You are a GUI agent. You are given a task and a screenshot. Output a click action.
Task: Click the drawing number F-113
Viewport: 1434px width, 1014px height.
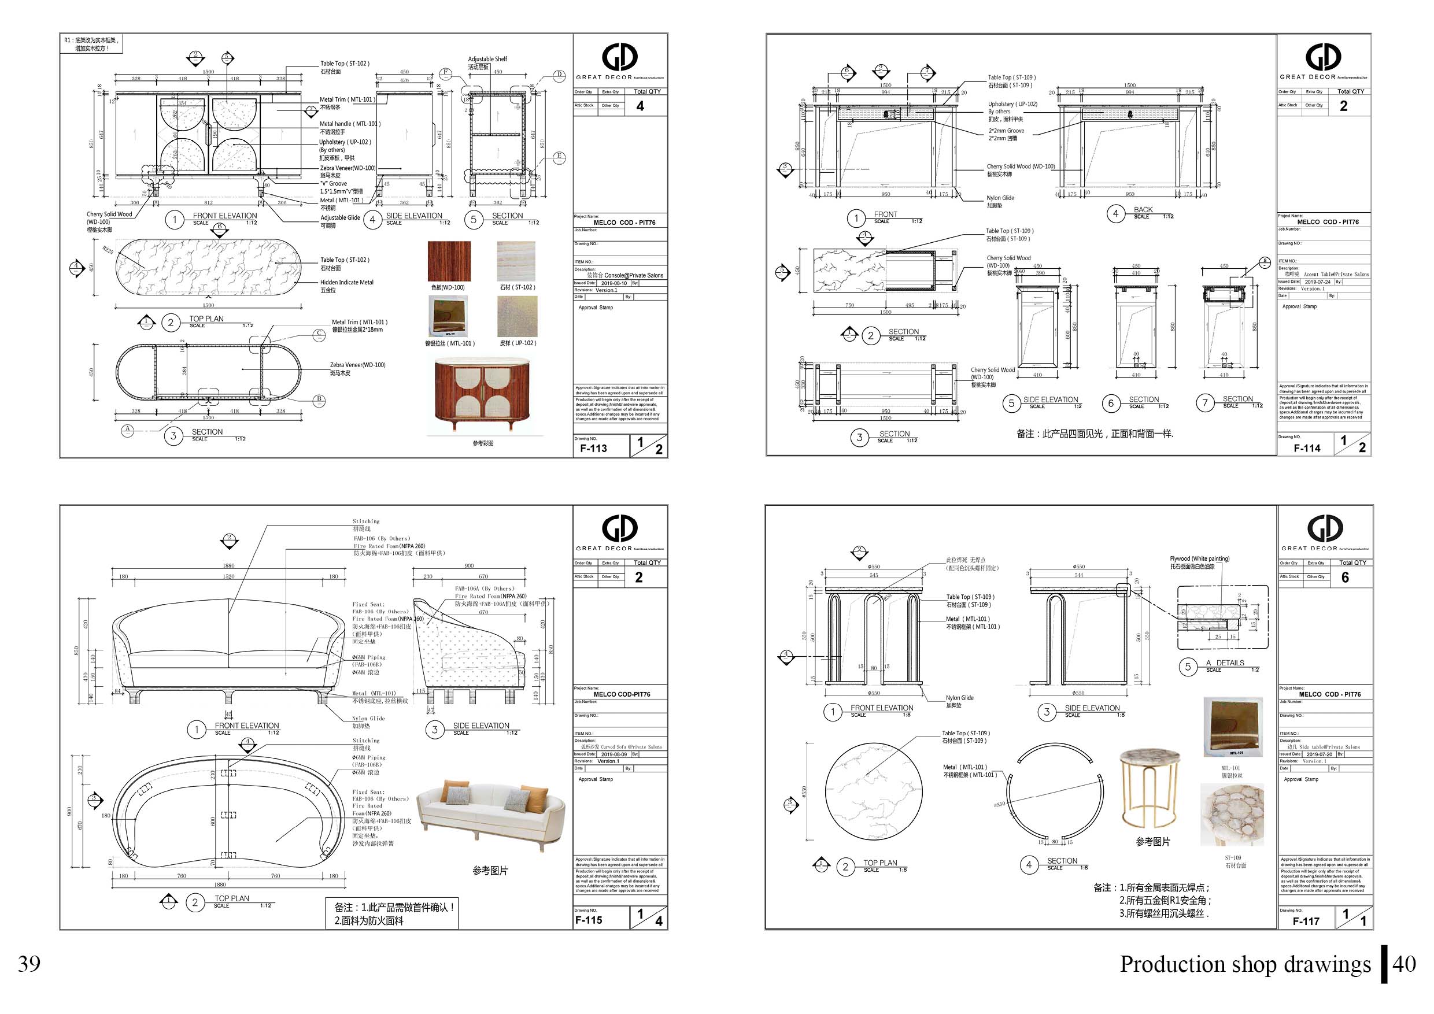point(593,447)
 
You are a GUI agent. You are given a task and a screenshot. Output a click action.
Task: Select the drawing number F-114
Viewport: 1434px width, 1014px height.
point(1307,447)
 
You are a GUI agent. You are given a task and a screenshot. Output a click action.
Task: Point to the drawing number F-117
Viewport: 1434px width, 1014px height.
point(1306,921)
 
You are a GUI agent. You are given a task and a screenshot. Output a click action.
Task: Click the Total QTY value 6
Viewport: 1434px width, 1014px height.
point(1345,578)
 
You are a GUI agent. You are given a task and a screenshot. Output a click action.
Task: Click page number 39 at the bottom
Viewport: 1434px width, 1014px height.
point(29,964)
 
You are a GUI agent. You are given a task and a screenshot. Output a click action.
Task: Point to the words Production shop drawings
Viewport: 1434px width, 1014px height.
point(1245,964)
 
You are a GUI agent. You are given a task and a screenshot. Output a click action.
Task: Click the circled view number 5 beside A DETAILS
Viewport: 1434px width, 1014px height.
point(1187,666)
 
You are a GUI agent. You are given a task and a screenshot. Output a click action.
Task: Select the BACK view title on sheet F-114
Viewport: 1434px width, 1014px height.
point(1143,210)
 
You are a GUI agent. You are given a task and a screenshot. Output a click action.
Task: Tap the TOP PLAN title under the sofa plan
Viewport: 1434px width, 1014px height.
point(232,898)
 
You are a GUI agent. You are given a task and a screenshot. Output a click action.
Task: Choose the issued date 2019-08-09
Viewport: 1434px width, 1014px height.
point(615,754)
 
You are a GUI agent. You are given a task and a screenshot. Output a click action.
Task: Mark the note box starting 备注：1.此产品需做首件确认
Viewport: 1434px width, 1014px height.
point(391,913)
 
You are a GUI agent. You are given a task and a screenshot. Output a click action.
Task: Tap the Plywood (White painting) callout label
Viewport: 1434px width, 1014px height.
point(1199,558)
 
